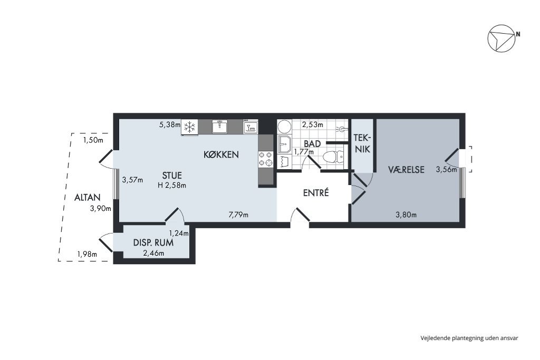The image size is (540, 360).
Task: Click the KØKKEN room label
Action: pyautogui.click(x=221, y=154)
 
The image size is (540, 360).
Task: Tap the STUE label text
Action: pyautogui.click(x=172, y=176)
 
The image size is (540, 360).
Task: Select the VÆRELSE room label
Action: pyautogui.click(x=407, y=170)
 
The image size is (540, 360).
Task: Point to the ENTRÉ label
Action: pyautogui.click(x=316, y=193)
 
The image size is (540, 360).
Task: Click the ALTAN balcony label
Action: pyautogui.click(x=88, y=198)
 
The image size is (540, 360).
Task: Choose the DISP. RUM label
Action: pyautogui.click(x=153, y=242)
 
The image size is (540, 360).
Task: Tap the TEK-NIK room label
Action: pyautogui.click(x=362, y=143)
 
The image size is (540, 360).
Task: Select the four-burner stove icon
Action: pyautogui.click(x=266, y=159)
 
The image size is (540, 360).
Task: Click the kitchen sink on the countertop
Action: pyautogui.click(x=219, y=127)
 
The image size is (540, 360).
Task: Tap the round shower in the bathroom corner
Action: pyautogui.click(x=285, y=127)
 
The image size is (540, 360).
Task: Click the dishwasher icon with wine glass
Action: pyautogui.click(x=250, y=127)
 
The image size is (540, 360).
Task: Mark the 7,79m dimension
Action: pyautogui.click(x=238, y=215)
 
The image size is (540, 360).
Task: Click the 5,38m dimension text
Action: pyautogui.click(x=169, y=124)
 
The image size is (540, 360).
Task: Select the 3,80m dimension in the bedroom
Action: pyautogui.click(x=406, y=215)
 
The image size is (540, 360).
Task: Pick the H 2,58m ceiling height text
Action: pyautogui.click(x=172, y=186)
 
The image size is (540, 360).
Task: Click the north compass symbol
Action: pyautogui.click(x=502, y=38)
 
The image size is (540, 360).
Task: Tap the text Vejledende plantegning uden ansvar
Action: pyautogui.click(x=469, y=338)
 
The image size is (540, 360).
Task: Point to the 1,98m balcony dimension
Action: pyautogui.click(x=87, y=255)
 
